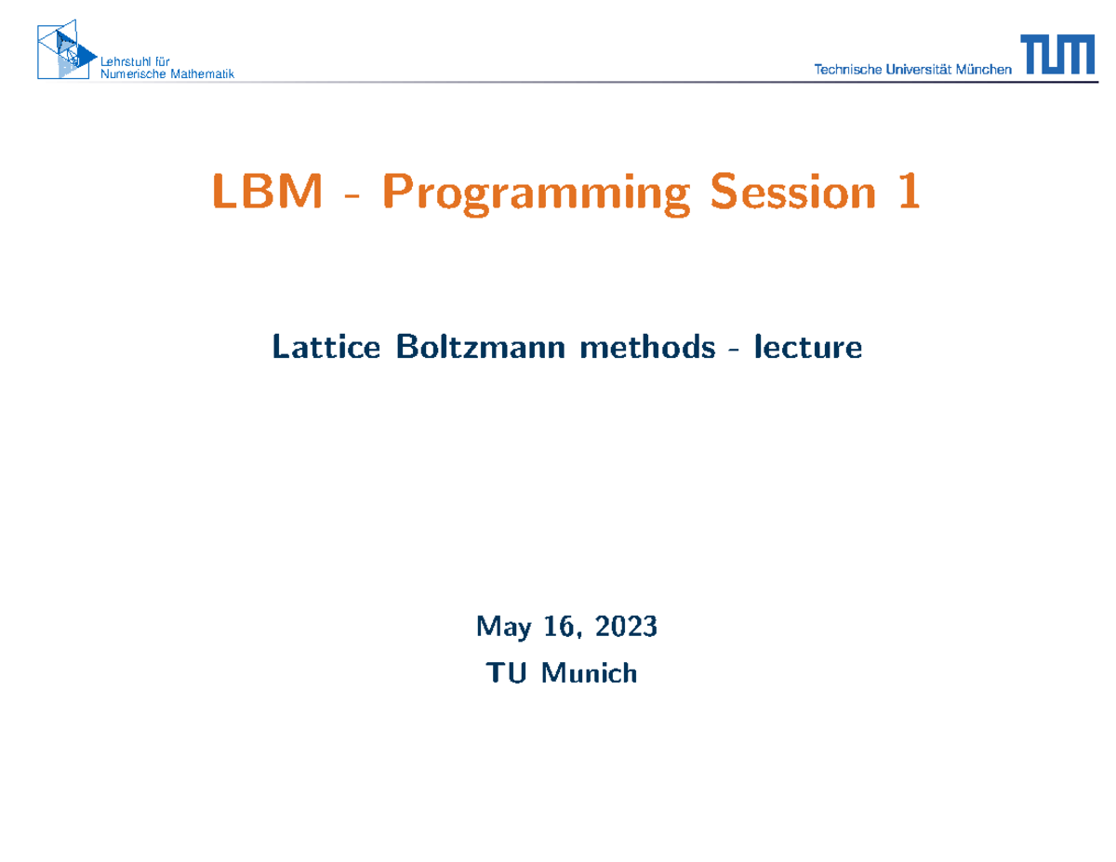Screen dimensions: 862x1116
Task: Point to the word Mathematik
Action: tap(206, 73)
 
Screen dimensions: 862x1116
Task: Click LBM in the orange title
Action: tap(268, 192)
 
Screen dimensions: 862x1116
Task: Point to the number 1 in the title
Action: tap(908, 192)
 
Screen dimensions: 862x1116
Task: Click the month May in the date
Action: tap(503, 628)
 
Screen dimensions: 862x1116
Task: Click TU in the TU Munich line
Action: tap(509, 671)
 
